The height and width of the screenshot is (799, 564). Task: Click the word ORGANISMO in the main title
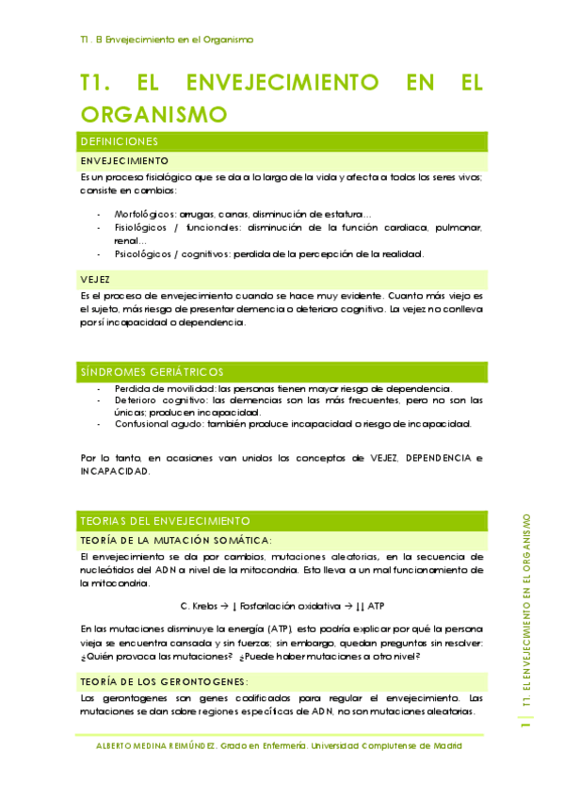tap(154, 115)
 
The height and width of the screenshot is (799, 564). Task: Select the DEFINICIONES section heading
tap(119, 141)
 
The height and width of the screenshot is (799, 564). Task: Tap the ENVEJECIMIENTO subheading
tap(124, 161)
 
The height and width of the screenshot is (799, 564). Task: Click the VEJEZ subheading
tap(95, 280)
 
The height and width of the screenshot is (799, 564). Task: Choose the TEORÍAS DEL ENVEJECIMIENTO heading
tap(165, 520)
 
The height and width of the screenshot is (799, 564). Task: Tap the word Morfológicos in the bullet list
tap(144, 213)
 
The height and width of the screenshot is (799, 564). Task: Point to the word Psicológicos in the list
tap(143, 253)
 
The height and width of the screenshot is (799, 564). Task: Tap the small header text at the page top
tap(167, 40)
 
